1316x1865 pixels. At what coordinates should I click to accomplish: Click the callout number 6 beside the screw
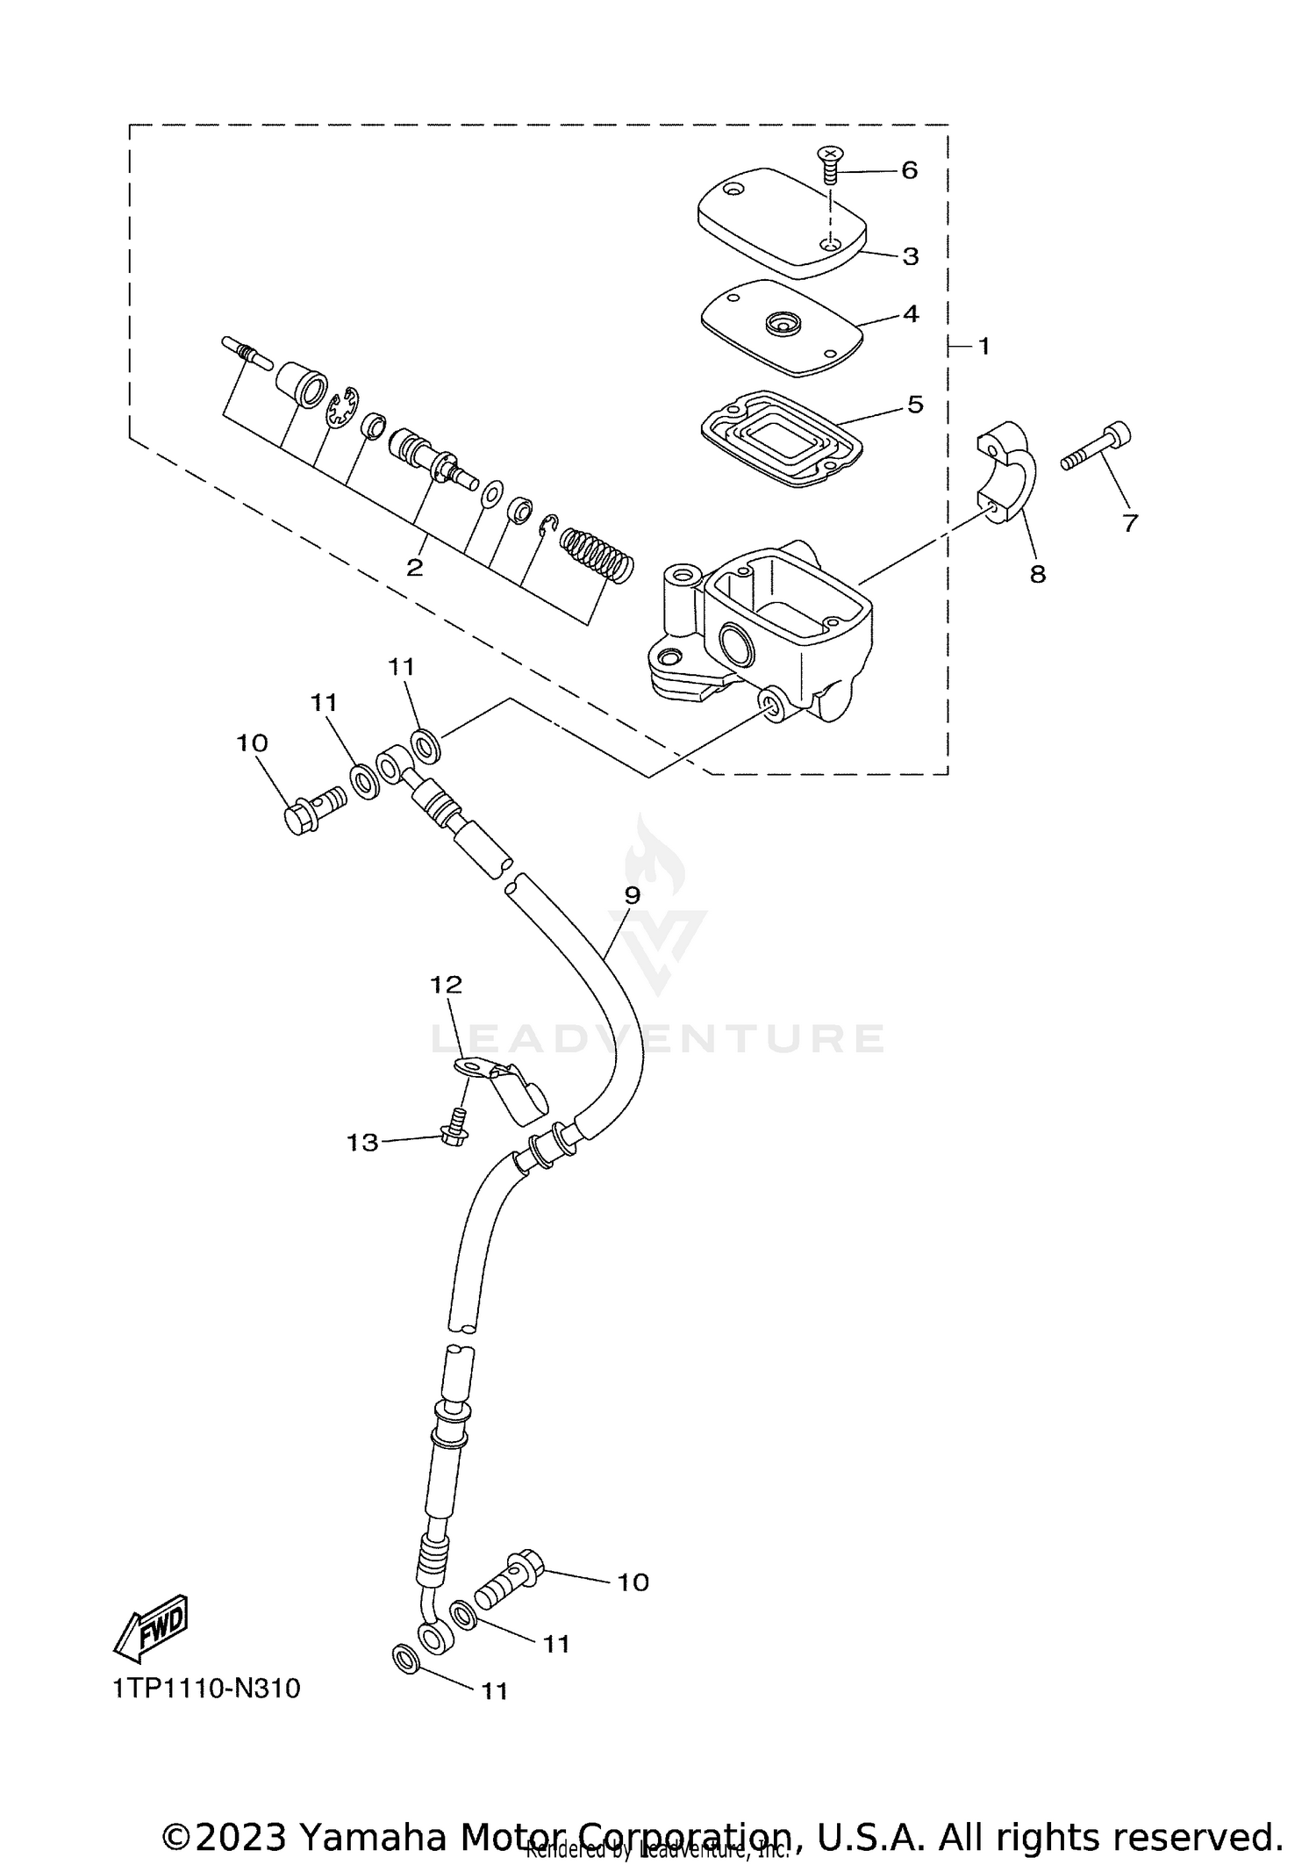pos(909,170)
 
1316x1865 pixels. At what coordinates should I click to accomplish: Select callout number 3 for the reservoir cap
pos(910,256)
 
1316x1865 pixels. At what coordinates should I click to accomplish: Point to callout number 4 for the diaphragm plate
pos(911,313)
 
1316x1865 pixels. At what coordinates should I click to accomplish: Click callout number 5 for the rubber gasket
pos(915,405)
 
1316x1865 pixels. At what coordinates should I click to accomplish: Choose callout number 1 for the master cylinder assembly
pos(983,347)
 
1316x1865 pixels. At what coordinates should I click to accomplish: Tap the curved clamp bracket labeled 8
pos(1009,473)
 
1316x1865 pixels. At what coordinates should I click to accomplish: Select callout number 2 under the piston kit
pos(415,567)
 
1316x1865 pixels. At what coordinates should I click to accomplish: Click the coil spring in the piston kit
pos(597,552)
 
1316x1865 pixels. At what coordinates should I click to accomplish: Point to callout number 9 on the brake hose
pos(632,895)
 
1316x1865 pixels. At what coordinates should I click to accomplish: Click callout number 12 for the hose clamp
pos(446,984)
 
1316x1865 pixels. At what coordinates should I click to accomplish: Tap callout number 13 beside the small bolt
pos(362,1142)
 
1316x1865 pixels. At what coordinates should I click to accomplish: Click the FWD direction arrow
pos(152,1628)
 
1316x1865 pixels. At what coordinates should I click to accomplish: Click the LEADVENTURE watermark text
pos(658,1038)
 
